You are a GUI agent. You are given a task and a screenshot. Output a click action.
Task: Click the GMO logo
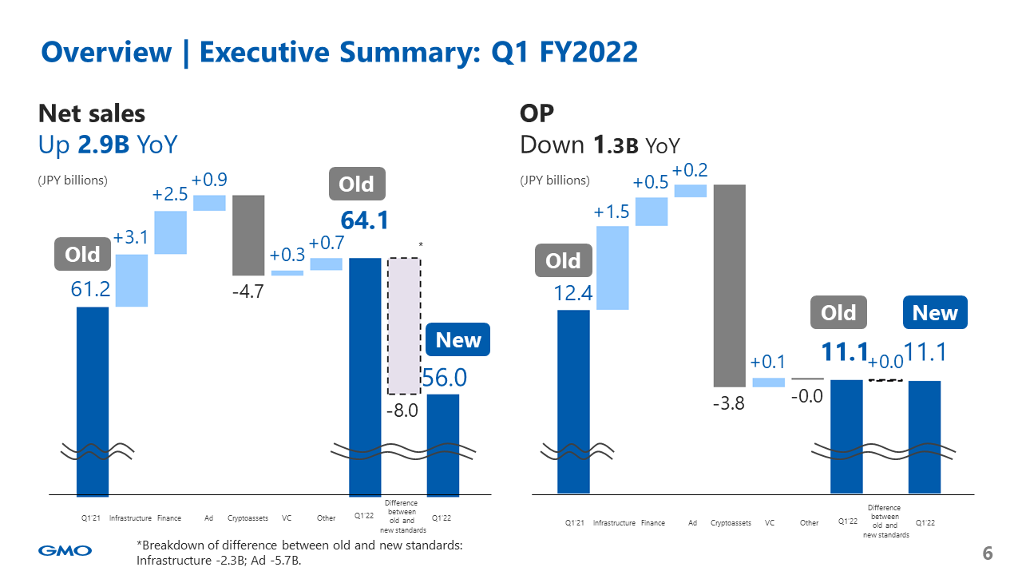click(x=65, y=550)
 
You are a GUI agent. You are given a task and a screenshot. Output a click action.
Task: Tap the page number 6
click(x=987, y=553)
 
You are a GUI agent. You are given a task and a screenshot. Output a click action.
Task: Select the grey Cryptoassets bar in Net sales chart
click(x=248, y=235)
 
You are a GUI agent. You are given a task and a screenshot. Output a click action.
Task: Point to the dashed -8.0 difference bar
click(x=404, y=326)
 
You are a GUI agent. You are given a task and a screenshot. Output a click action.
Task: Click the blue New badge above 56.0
click(x=458, y=340)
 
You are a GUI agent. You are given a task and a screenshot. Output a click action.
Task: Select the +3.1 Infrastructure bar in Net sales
click(x=132, y=280)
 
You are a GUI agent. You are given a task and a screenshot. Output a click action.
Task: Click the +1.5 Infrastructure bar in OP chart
click(x=612, y=268)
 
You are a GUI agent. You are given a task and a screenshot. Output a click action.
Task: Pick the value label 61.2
click(x=90, y=289)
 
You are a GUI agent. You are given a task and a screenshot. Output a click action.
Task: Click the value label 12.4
click(x=573, y=294)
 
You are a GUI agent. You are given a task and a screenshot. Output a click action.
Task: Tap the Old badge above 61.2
click(x=82, y=255)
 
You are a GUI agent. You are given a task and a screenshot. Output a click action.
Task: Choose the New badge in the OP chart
click(x=935, y=313)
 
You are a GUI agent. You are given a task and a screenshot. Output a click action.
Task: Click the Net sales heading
click(x=92, y=113)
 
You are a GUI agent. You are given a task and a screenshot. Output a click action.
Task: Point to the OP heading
click(x=537, y=113)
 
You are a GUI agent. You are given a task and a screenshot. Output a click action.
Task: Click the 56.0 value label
click(x=444, y=377)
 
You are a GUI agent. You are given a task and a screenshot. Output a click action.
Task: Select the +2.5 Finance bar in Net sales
click(x=170, y=232)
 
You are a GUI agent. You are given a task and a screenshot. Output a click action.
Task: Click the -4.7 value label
click(x=248, y=292)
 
